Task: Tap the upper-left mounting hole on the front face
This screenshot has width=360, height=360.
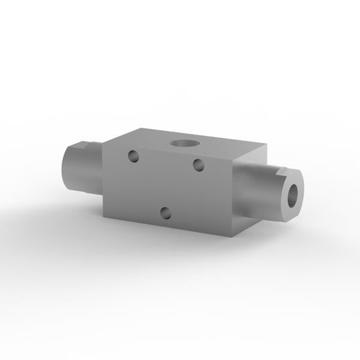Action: click(x=134, y=157)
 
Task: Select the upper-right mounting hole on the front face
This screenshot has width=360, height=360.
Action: click(x=197, y=164)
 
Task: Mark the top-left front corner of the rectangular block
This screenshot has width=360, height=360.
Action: click(x=103, y=143)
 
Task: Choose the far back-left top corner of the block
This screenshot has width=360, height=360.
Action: click(x=142, y=127)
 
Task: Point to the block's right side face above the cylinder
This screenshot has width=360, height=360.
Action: click(x=249, y=157)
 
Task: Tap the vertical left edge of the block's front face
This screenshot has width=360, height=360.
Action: click(x=103, y=180)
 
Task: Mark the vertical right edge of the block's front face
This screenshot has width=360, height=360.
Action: click(x=231, y=198)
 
